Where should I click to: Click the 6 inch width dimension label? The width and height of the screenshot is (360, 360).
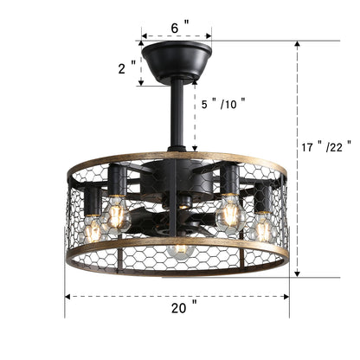[177, 28]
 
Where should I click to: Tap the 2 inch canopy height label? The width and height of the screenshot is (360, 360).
[128, 67]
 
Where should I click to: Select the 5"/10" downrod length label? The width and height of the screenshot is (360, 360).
[222, 103]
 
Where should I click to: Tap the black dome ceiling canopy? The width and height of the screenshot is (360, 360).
[177, 61]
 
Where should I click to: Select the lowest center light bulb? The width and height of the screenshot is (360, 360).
[180, 252]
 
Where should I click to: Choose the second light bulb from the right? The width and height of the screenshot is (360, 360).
[229, 212]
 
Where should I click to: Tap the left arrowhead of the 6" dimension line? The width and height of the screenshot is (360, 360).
[144, 38]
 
